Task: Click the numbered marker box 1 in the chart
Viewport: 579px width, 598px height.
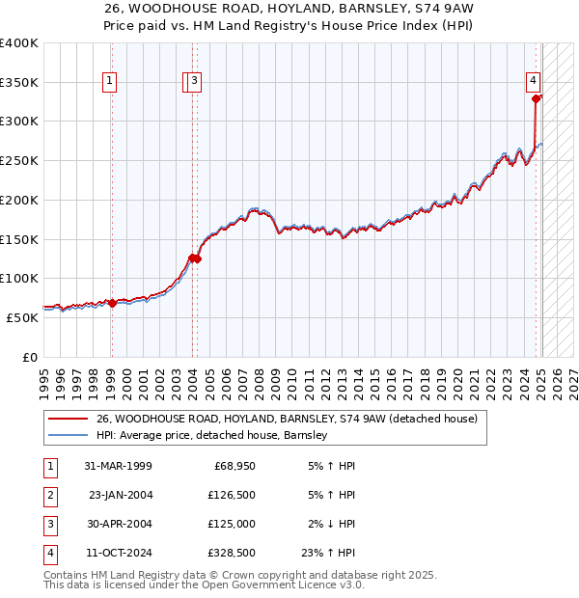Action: coord(111,82)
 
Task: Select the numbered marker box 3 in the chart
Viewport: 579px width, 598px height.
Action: coord(194,82)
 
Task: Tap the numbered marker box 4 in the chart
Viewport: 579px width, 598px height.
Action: coord(533,82)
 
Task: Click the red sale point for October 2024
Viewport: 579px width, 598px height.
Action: coord(536,97)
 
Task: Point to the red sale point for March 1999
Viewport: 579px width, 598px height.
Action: coord(112,303)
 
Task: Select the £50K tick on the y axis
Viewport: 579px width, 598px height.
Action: coord(23,316)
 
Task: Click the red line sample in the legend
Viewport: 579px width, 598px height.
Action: coord(68,420)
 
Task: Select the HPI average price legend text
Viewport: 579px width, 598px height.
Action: coord(212,436)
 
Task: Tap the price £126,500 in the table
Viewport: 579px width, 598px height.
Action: coord(231,495)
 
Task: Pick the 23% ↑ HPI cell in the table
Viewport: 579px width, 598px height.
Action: coord(328,553)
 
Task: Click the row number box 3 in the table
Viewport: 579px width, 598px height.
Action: coord(49,524)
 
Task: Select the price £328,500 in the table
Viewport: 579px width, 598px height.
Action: coord(231,553)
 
